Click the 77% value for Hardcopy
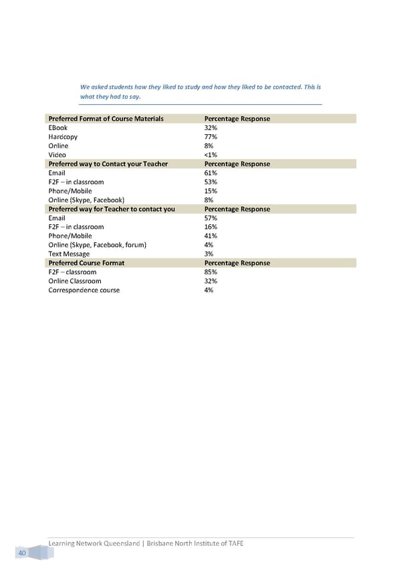pos(210,137)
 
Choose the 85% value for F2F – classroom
pos(210,272)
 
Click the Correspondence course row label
pos(84,290)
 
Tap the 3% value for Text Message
pos(209,254)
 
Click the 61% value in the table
pos(210,173)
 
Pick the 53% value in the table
pos(210,182)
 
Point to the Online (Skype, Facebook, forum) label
pos(98,245)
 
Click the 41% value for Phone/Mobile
pos(210,236)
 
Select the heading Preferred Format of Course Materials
pos(106,119)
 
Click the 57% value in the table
pos(210,218)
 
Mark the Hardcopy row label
pos(63,137)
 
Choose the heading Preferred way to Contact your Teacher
pos(108,164)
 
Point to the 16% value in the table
pos(210,227)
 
